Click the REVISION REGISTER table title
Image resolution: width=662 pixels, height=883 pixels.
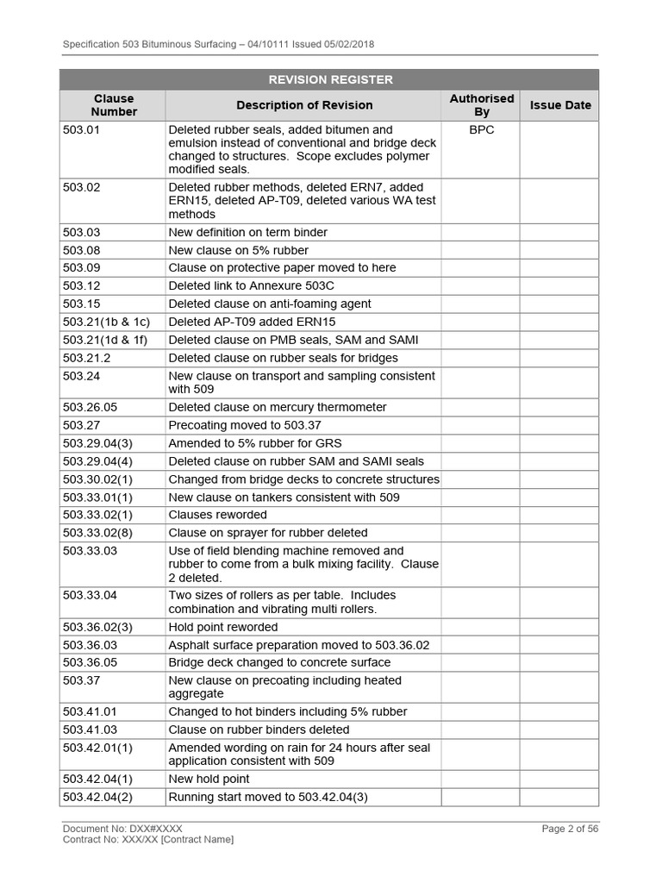330,79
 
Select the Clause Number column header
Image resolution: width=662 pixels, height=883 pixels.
114,105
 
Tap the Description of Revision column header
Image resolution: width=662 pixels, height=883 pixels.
304,105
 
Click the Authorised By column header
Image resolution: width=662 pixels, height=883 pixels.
481,105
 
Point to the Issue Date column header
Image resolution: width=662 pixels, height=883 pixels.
560,105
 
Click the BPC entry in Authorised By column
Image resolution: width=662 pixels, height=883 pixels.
481,130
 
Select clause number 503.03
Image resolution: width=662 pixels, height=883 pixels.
82,232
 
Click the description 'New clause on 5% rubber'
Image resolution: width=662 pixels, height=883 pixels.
238,250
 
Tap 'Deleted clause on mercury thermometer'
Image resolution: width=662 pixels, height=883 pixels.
278,407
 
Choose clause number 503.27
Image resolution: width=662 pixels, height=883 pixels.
82,425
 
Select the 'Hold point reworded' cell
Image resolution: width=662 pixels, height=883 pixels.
223,627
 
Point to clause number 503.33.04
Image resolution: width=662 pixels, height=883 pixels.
91,595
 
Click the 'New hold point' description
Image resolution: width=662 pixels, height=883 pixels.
209,779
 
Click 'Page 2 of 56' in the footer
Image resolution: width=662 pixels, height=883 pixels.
570,829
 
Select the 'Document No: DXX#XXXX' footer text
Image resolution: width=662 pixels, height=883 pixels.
122,829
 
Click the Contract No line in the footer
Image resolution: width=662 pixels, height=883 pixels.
147,839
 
